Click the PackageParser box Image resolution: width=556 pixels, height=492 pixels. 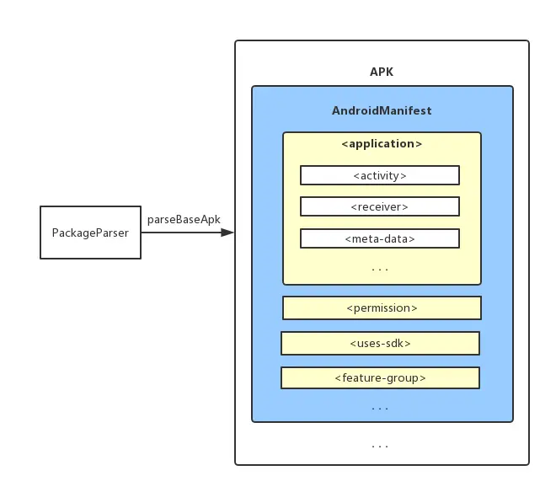90,232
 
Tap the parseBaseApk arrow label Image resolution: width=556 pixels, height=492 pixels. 184,219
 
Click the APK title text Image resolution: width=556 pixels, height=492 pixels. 382,72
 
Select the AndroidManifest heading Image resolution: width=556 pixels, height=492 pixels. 382,110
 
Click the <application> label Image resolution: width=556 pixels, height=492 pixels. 382,144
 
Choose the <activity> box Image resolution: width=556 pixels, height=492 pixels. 380,175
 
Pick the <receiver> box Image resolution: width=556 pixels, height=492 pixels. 380,206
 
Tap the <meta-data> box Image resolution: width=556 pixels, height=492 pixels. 380,238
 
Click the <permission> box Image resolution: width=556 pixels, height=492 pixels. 382,308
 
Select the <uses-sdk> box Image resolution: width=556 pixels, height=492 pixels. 380,344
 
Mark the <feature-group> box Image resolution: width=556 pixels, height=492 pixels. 380,377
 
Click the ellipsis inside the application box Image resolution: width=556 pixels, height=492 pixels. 380,269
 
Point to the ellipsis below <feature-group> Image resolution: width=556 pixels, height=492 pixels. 380,408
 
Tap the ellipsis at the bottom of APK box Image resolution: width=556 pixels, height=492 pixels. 380,445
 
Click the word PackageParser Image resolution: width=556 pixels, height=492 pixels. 90,233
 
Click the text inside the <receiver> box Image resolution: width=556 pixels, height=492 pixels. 380,206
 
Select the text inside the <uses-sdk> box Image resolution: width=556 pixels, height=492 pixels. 380,344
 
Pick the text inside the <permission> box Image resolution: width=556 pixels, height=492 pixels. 382,308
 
